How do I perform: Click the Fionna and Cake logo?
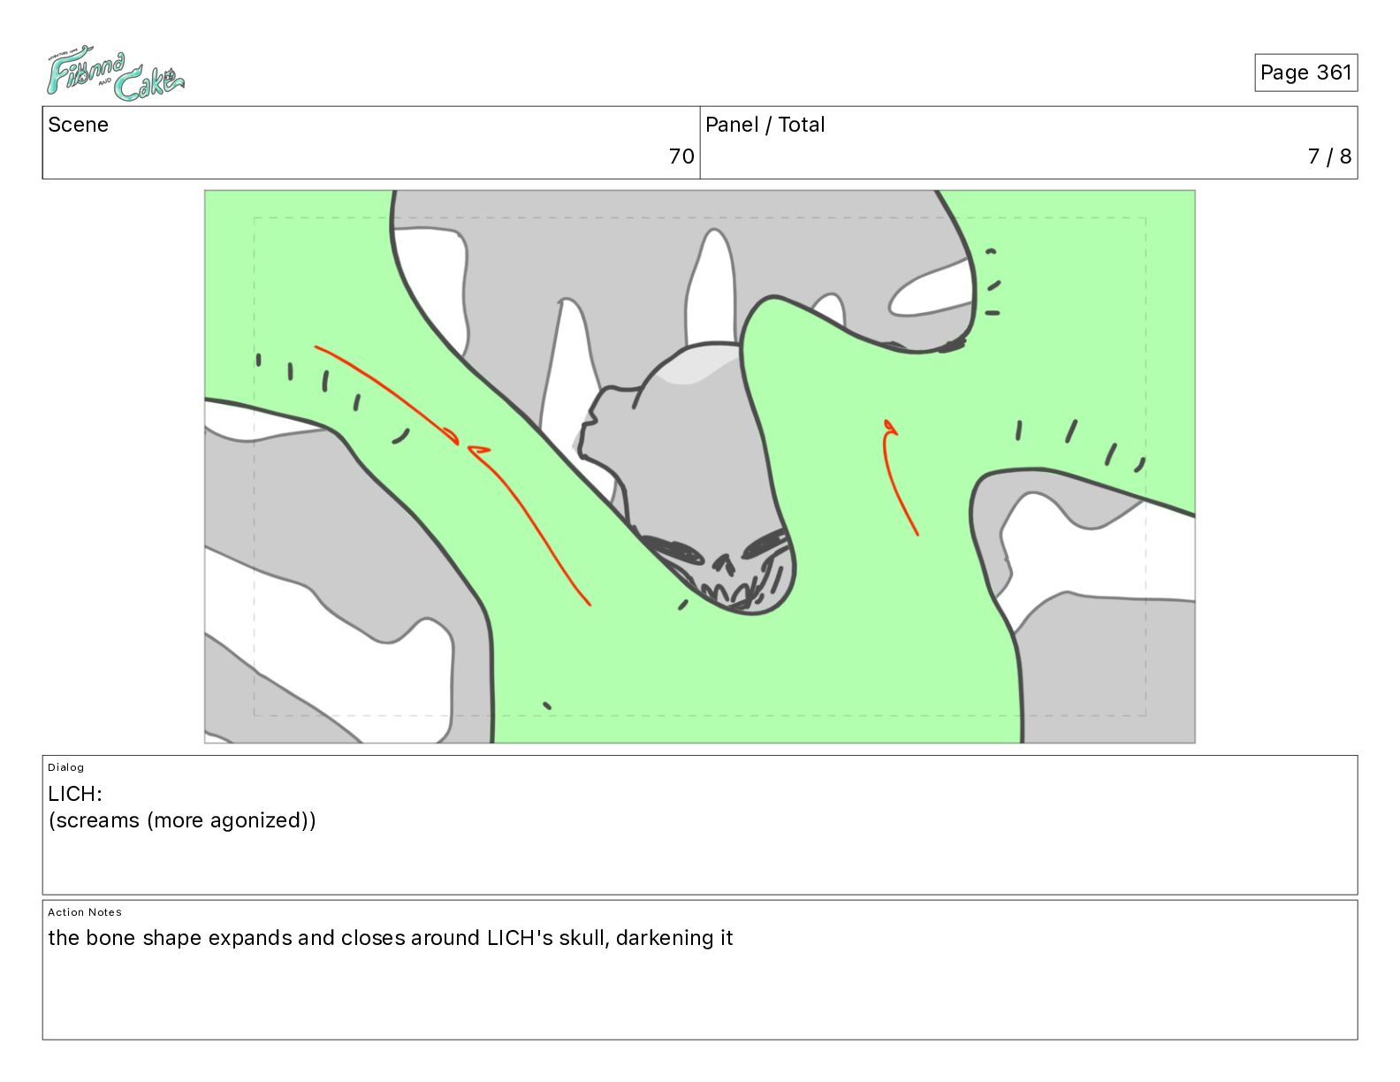[116, 72]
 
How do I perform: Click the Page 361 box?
[1305, 72]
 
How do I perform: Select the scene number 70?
[681, 156]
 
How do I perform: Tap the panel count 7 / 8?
[1329, 156]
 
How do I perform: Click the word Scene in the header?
[78, 125]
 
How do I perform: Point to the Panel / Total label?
[765, 125]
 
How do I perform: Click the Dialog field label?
[65, 767]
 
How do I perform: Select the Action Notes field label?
[84, 912]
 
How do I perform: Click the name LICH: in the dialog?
[75, 793]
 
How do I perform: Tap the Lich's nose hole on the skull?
[723, 565]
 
